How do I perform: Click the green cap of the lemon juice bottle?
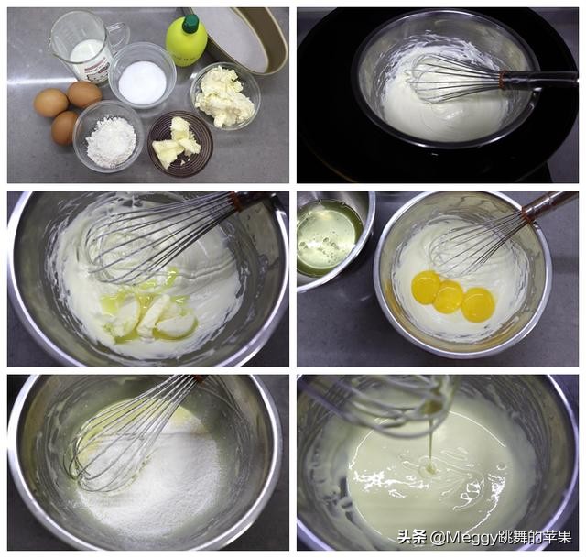tap(190, 23)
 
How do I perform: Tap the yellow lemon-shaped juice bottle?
tap(187, 40)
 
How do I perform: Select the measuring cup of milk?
tap(87, 46)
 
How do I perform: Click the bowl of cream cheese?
tap(225, 95)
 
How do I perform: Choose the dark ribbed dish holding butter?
tap(180, 144)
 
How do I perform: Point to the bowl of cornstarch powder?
tap(109, 137)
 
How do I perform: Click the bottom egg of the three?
tap(64, 128)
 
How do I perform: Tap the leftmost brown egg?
tap(51, 104)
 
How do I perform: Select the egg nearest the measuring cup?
tap(84, 94)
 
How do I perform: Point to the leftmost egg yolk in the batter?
tap(426, 287)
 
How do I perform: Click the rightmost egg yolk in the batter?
tap(478, 304)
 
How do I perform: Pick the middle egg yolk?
tap(449, 297)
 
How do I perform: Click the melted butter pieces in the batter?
tap(149, 315)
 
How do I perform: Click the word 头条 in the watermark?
tap(411, 538)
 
